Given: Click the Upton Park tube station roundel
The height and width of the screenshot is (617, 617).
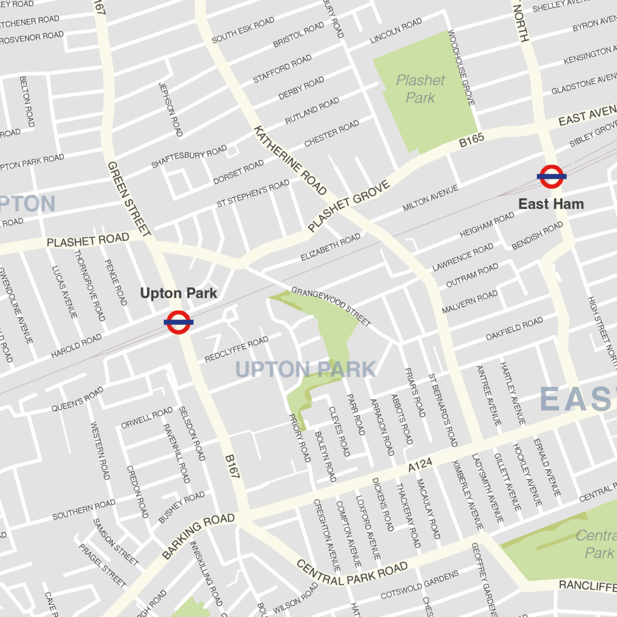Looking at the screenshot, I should [x=179, y=322].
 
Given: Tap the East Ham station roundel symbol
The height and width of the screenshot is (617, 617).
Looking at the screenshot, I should [x=551, y=177].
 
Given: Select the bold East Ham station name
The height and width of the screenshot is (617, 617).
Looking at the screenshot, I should [x=551, y=204].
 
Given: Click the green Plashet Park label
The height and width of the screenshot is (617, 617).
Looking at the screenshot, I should [x=421, y=89].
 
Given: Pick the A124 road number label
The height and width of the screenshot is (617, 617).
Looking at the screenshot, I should [x=421, y=465].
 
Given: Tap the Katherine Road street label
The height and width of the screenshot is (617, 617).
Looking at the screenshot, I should [x=290, y=160].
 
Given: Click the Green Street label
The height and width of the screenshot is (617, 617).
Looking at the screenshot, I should [x=129, y=198].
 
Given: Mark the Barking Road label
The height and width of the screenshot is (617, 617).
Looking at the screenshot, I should [x=198, y=530].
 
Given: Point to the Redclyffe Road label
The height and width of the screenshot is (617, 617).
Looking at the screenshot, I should [x=236, y=349].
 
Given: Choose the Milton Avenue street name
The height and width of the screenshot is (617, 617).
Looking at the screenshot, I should [x=430, y=198].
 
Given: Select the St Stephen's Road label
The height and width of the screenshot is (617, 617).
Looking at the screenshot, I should [x=253, y=193].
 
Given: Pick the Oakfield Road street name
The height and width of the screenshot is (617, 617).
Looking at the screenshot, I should [x=515, y=329].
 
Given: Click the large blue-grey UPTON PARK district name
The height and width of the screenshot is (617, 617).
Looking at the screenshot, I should [x=305, y=369].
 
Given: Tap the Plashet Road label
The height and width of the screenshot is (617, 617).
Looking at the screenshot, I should [x=88, y=241].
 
